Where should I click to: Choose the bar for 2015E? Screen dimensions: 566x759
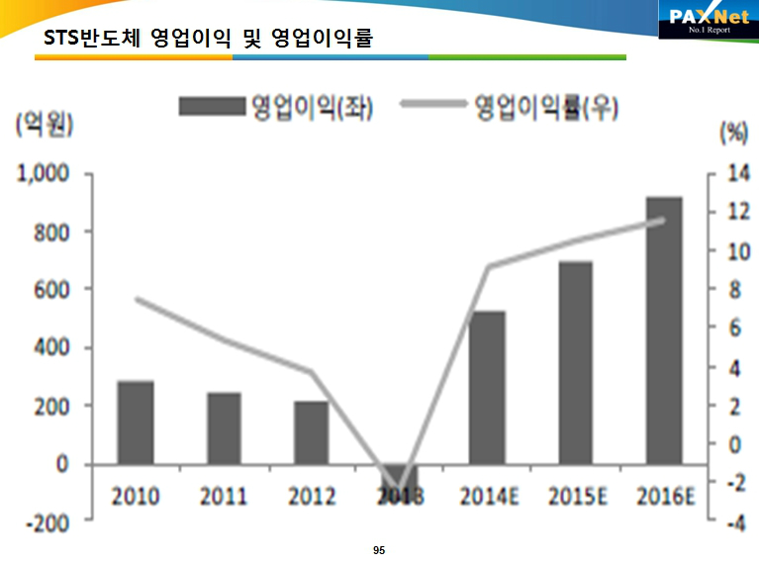(575, 362)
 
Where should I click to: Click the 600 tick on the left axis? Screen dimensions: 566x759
(49, 290)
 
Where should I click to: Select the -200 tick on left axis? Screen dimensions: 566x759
(45, 522)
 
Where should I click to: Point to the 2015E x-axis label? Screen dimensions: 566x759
(575, 496)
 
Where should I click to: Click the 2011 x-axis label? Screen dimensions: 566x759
(224, 496)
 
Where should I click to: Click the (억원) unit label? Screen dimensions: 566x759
(45, 126)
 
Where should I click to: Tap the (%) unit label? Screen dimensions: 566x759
(733, 132)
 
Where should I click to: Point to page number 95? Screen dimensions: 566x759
(379, 549)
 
